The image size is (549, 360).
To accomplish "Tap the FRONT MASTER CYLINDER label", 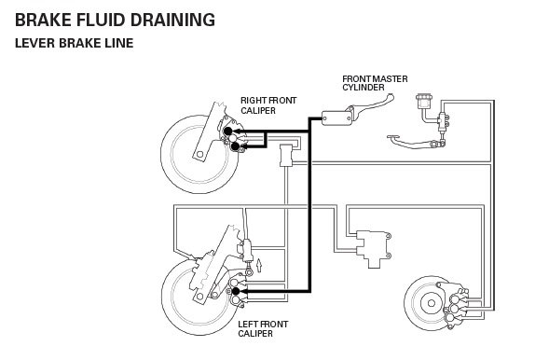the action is [375, 83].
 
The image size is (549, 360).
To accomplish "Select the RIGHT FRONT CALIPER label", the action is [268, 105].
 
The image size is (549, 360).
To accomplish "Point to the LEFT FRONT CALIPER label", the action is [263, 329].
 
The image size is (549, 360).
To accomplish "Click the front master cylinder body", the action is [336, 118].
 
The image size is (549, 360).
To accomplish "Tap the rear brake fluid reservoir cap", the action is [424, 97].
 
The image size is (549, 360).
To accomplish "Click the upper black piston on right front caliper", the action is [227, 131].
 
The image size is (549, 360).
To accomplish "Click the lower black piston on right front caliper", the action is [235, 146].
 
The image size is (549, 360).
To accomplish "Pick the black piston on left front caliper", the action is [236, 291].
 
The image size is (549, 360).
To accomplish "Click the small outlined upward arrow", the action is [259, 265].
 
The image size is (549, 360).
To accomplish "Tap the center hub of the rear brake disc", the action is [432, 303].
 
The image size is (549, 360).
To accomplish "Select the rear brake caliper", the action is [456, 305].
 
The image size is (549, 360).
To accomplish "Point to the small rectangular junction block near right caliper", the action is [286, 155].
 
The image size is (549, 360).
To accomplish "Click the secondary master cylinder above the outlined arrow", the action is [247, 250].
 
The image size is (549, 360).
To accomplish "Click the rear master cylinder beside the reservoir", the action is [443, 122].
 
